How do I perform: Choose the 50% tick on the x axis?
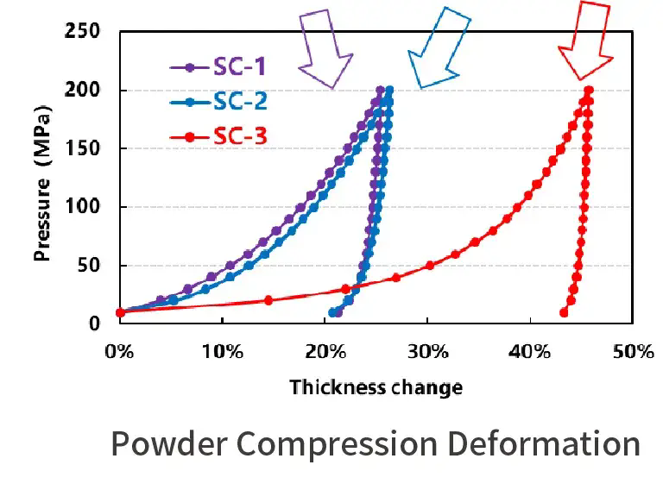click(x=633, y=352)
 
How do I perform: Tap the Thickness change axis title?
click(x=376, y=387)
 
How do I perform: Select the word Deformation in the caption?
click(x=545, y=444)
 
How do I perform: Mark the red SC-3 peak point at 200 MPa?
click(x=588, y=90)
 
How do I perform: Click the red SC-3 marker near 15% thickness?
click(x=268, y=300)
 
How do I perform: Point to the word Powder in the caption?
click(x=164, y=444)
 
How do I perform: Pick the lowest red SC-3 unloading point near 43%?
click(x=564, y=312)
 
